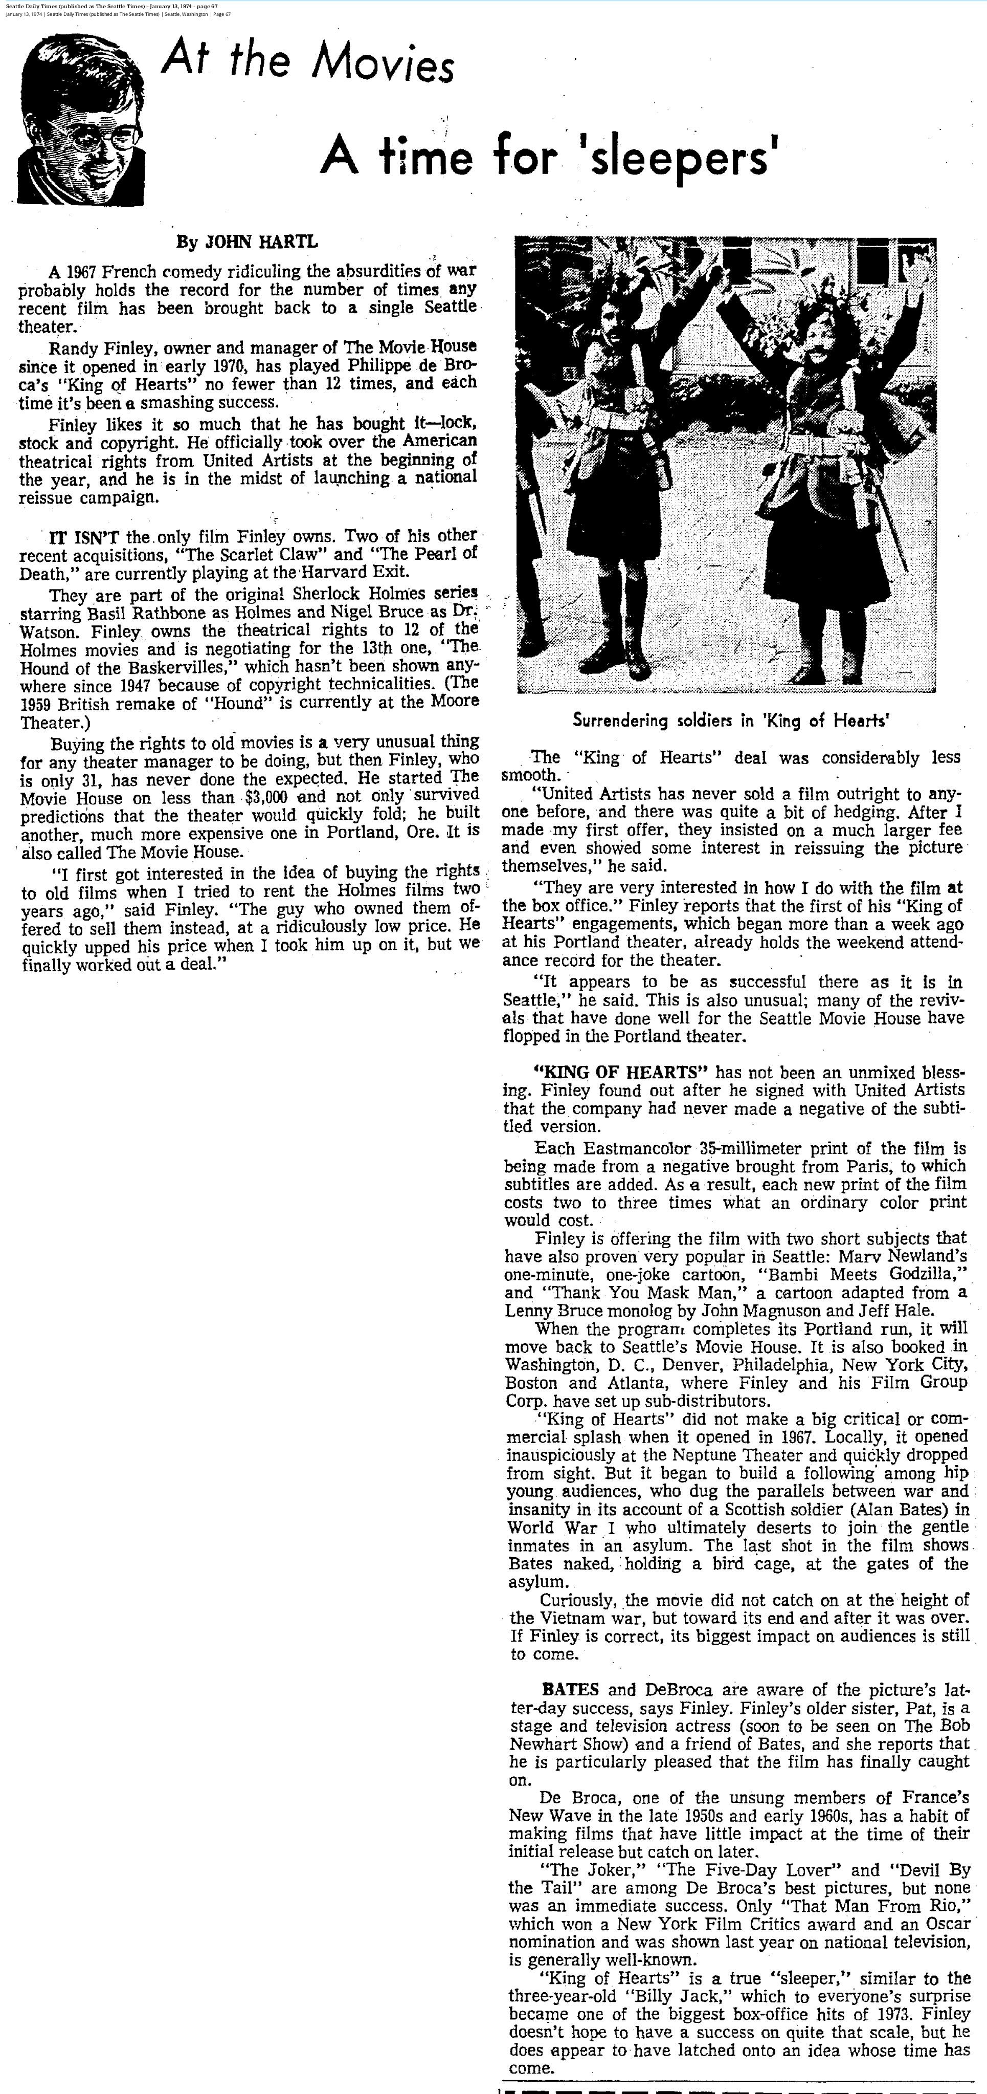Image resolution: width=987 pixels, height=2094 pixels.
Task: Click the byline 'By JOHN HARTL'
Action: coord(247,242)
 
